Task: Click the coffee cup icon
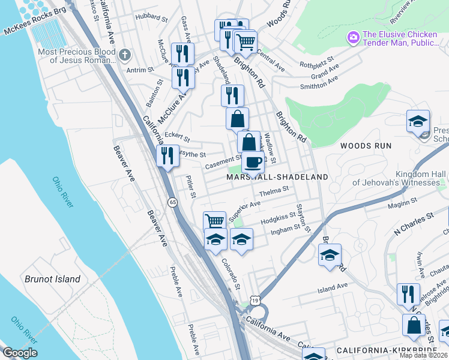click(x=253, y=161)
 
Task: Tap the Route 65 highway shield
click(x=172, y=202)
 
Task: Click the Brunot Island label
click(x=52, y=279)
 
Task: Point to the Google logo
click(x=20, y=353)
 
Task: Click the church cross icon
click(x=125, y=56)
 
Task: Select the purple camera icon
click(x=354, y=38)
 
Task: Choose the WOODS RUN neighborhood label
click(x=366, y=146)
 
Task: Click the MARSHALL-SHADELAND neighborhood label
click(x=277, y=177)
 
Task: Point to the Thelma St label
click(x=274, y=191)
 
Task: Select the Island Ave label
click(x=333, y=288)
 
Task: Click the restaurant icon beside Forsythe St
click(x=167, y=155)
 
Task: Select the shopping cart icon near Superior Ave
click(x=214, y=221)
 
